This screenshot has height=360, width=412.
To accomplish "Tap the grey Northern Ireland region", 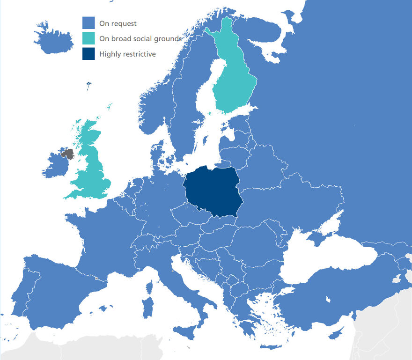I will coord(68,154).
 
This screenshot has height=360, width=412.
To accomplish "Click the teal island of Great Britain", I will coord(91,164).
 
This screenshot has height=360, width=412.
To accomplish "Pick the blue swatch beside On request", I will coord(88,23).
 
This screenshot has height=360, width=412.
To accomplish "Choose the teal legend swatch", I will coord(88,38).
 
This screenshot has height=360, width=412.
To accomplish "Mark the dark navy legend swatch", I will coord(88,54).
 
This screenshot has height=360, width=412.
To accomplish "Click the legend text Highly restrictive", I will coord(127,54).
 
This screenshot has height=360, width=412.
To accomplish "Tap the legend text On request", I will coord(118,23).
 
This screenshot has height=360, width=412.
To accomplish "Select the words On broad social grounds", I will coord(140,39).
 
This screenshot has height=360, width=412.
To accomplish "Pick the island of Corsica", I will coord(150,287).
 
